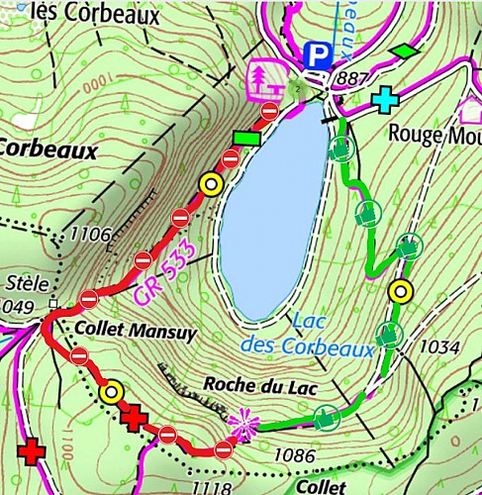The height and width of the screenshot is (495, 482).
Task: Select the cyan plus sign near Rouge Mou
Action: pos(383,101)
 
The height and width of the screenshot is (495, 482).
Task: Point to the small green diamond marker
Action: pos(404,49)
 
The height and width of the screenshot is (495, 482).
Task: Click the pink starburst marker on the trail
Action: pos(241,427)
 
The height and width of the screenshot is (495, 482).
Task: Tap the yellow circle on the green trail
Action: pos(400,291)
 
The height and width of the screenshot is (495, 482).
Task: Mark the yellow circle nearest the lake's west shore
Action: pos(209,183)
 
